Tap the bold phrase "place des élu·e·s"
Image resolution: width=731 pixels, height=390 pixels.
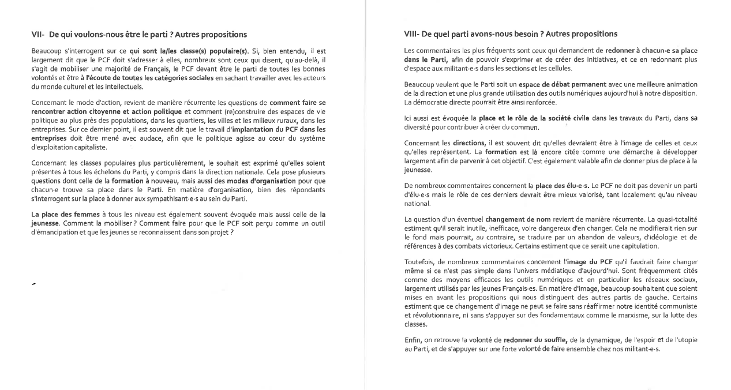[562, 186]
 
